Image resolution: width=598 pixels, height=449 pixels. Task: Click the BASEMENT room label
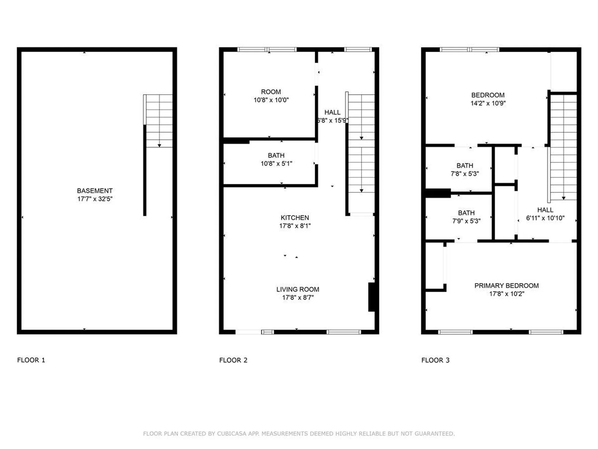tap(95, 191)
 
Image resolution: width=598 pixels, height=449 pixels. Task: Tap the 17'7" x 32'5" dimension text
tap(95, 199)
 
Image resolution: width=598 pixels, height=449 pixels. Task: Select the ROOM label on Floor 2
tap(271, 92)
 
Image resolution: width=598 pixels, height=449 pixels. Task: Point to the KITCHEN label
tap(295, 218)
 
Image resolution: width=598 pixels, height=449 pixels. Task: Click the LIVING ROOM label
tap(297, 289)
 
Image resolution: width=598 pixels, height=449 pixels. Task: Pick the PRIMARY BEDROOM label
tap(506, 286)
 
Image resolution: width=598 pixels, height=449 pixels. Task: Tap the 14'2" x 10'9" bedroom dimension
tap(488, 103)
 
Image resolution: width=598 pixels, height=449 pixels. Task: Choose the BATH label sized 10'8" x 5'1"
tap(276, 155)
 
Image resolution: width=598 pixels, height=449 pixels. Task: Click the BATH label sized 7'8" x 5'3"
tap(465, 166)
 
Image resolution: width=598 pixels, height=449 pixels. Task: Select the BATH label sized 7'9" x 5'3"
tap(466, 213)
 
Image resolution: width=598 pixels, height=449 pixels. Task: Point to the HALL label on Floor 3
tap(545, 210)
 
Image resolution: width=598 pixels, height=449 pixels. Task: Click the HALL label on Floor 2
tap(332, 112)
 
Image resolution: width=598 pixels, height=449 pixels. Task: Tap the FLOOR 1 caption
tap(31, 360)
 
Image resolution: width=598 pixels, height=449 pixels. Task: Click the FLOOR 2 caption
tap(233, 360)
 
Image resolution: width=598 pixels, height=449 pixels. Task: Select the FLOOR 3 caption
tap(435, 360)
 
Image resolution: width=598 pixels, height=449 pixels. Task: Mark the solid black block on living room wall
tap(372, 297)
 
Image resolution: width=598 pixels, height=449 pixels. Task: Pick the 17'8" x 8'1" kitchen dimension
tap(295, 226)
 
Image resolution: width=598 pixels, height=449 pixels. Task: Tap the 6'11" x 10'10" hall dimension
tap(545, 218)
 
